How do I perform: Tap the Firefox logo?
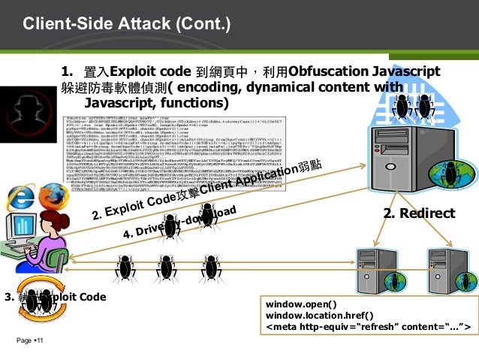(50, 196)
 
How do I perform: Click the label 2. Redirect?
(419, 214)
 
